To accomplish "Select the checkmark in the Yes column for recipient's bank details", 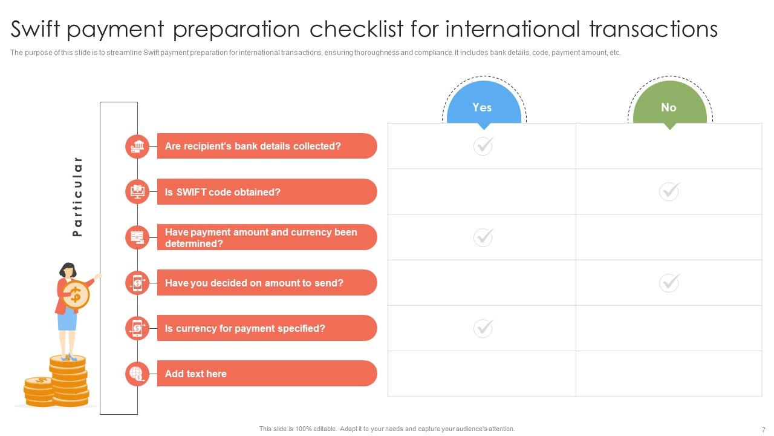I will (483, 146).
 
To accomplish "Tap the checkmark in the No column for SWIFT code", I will (669, 191).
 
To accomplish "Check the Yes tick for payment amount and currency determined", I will (483, 237).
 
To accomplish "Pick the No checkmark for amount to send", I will (669, 283).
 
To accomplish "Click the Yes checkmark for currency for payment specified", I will (483, 328).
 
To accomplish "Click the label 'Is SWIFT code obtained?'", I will (223, 192).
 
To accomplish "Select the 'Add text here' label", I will (195, 374).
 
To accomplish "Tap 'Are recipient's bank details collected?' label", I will (253, 146).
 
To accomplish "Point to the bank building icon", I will (138, 146).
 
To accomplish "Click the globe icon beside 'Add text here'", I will (138, 374).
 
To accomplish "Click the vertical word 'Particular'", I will (77, 196).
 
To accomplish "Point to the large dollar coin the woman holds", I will (76, 295).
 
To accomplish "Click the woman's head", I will (68, 269).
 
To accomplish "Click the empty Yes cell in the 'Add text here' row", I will (481, 374).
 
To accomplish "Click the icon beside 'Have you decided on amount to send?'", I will (138, 283).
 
